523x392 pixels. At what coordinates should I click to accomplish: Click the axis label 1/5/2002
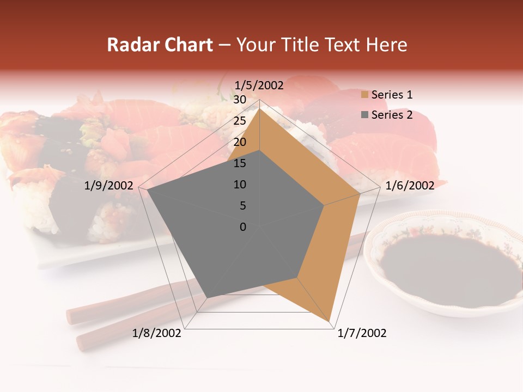pos(259,85)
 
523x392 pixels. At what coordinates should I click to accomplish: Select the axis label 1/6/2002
pos(410,186)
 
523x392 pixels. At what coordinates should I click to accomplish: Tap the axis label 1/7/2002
pos(362,333)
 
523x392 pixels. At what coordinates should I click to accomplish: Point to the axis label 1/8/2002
pos(157,333)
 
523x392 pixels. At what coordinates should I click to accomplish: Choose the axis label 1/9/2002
pos(108,186)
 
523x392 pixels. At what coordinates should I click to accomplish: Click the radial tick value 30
pos(239,100)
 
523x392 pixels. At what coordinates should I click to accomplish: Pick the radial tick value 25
pos(239,121)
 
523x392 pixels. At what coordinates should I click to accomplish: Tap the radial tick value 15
pos(239,163)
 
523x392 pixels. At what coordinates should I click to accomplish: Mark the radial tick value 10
pos(239,185)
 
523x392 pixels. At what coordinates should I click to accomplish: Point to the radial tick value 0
pos(243,227)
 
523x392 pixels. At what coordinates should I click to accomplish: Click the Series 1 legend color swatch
pos(364,95)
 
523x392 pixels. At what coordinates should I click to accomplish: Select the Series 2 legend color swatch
pos(364,115)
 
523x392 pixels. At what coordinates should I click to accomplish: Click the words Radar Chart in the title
pos(160,45)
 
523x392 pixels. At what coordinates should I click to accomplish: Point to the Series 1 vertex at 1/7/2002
pos(330,321)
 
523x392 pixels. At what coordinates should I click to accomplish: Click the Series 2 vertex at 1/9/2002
pos(147,190)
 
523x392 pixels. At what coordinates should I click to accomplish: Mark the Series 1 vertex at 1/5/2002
pos(259,108)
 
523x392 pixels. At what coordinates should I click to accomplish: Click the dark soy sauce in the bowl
pos(447,267)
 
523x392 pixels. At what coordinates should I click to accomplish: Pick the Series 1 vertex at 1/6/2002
pos(360,193)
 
